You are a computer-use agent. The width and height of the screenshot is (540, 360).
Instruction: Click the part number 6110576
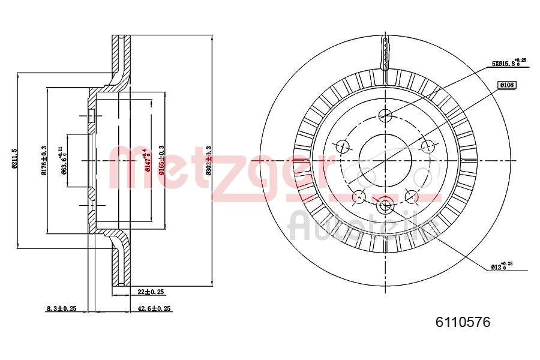(x=462, y=322)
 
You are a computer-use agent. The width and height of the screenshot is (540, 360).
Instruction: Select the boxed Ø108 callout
(x=507, y=85)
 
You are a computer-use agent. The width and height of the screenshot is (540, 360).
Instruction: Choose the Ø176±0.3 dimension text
(x=44, y=161)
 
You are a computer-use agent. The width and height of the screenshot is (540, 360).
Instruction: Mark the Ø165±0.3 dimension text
(x=161, y=161)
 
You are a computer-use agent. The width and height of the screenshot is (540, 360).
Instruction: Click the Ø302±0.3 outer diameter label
(x=209, y=161)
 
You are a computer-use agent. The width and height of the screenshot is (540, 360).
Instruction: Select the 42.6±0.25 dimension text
(x=155, y=308)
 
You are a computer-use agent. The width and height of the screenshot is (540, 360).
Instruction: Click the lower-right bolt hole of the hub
(x=412, y=196)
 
